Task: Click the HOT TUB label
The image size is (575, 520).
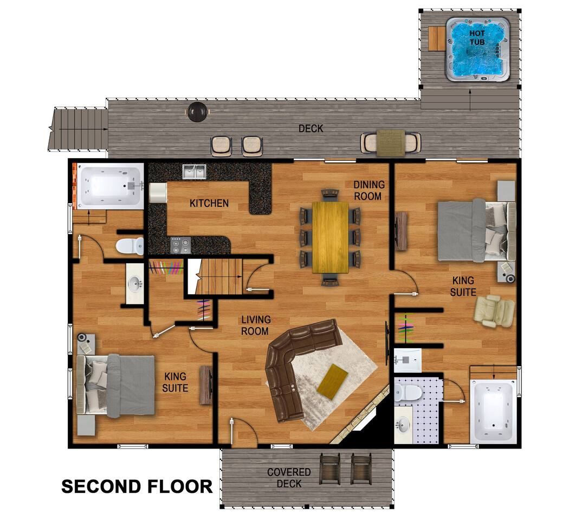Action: [x=477, y=38]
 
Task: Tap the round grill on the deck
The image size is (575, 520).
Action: [x=198, y=112]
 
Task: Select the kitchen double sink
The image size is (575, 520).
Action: [x=195, y=172]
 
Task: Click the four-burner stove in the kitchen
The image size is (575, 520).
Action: [x=181, y=245]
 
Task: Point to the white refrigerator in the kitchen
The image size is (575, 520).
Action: [x=158, y=192]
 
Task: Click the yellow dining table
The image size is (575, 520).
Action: [x=330, y=237]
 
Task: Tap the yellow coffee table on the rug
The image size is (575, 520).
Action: [x=333, y=381]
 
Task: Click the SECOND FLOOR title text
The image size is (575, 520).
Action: [x=137, y=486]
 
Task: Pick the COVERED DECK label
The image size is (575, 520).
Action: [x=289, y=478]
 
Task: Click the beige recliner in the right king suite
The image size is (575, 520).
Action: [x=494, y=311]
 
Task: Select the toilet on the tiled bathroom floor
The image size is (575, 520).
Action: [x=408, y=393]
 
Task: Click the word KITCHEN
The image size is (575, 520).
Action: [x=209, y=203]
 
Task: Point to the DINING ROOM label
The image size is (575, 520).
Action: [x=369, y=190]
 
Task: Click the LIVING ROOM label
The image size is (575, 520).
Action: [x=256, y=325]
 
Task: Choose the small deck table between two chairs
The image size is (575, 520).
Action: [x=391, y=142]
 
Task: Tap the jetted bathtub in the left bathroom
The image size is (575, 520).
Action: [x=109, y=186]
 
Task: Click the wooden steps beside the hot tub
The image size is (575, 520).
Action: [x=437, y=39]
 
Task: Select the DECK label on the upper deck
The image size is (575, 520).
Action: [x=311, y=128]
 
